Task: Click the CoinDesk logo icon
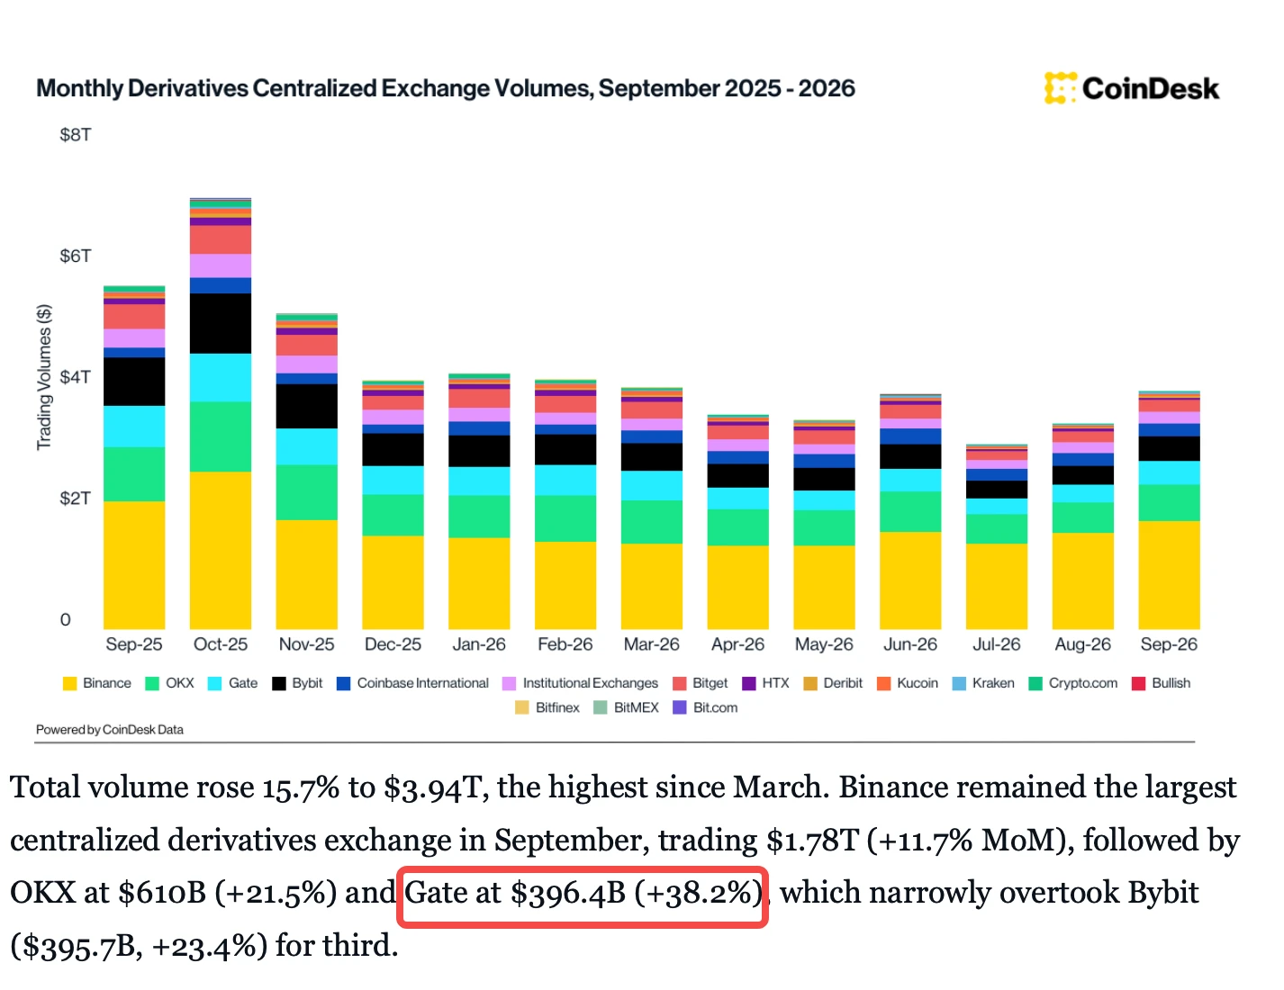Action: (1060, 88)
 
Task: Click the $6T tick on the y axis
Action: (76, 256)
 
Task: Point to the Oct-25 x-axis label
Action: (221, 644)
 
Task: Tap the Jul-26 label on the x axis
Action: (996, 644)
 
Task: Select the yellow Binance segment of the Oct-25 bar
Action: (221, 550)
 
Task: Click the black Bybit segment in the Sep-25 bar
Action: (134, 382)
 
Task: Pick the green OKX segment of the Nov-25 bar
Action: (307, 492)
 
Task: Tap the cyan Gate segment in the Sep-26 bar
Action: (1169, 472)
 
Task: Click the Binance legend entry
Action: (97, 683)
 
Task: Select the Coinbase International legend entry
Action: (412, 683)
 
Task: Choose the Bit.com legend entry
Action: (706, 707)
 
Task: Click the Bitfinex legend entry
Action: (547, 707)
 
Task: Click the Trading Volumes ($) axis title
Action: (44, 377)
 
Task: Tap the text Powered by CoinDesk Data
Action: (110, 730)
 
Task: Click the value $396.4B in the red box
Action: (568, 893)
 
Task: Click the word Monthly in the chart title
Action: (80, 88)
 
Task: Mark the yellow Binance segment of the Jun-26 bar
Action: (910, 580)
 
